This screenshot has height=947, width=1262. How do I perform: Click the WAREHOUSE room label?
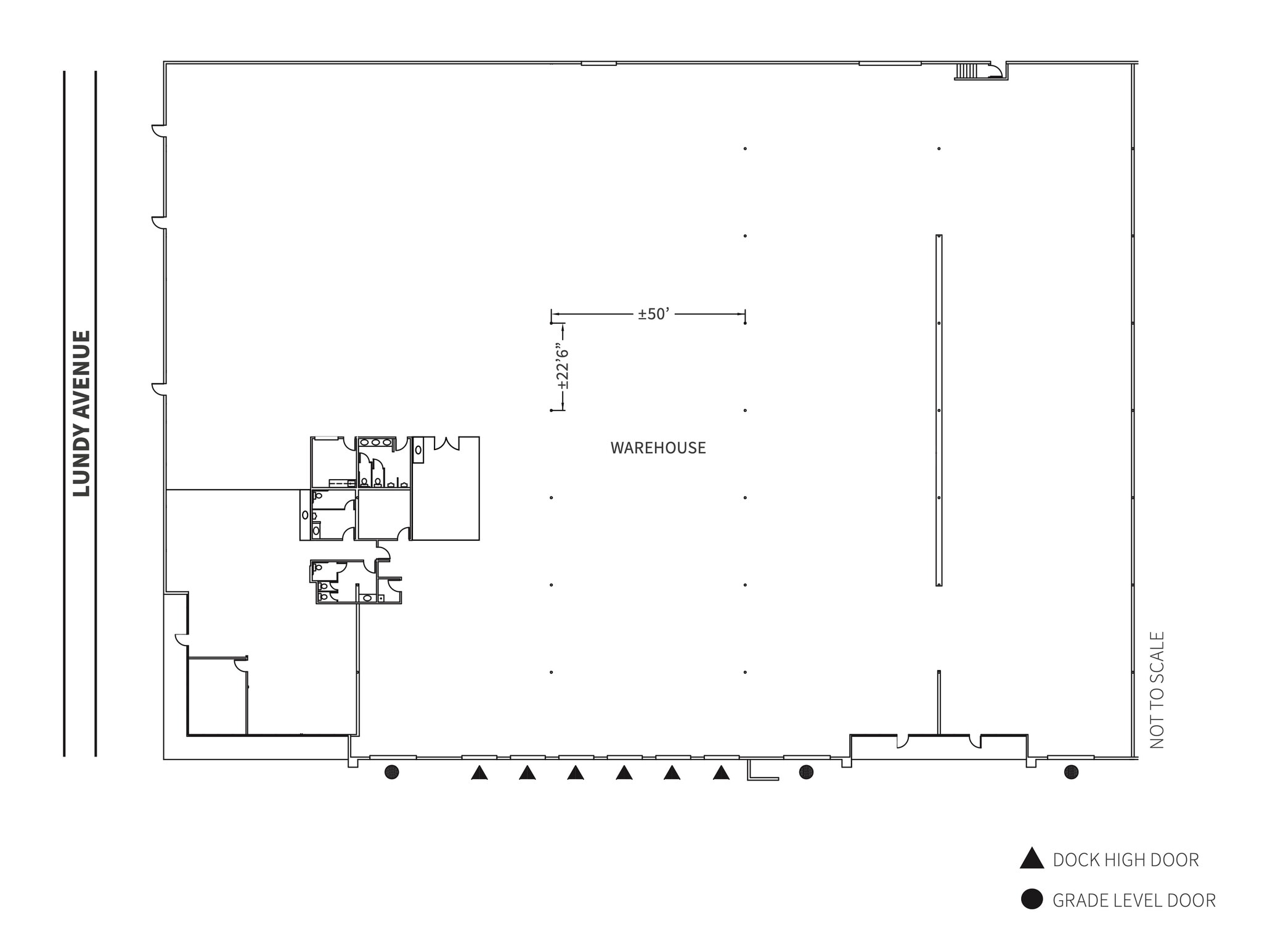tap(658, 448)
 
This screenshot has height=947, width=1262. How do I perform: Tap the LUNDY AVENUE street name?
tap(82, 413)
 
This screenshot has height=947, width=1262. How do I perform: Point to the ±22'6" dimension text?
tap(562, 367)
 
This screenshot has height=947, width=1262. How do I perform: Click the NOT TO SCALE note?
tap(1157, 690)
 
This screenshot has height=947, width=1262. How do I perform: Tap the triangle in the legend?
tap(1032, 859)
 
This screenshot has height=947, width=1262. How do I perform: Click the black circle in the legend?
tap(1032, 900)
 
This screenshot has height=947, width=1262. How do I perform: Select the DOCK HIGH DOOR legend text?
tap(1126, 860)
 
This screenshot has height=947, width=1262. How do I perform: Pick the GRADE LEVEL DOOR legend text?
tap(1134, 901)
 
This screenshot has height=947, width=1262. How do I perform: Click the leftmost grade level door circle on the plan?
tap(391, 772)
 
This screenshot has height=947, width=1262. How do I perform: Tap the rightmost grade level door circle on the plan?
tap(1071, 772)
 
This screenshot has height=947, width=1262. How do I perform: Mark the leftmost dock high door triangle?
tap(479, 773)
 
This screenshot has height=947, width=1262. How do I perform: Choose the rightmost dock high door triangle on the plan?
tap(721, 773)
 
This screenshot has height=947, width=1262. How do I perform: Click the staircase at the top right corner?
tap(966, 72)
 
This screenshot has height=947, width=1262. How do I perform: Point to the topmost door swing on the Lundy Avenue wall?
tap(160, 131)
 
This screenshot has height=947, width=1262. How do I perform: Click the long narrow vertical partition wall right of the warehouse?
tap(938, 410)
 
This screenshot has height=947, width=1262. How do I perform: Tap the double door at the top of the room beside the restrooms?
tap(446, 443)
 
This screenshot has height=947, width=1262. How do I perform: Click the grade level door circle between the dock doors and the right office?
tap(806, 772)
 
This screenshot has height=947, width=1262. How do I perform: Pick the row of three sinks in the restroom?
tap(375, 443)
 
